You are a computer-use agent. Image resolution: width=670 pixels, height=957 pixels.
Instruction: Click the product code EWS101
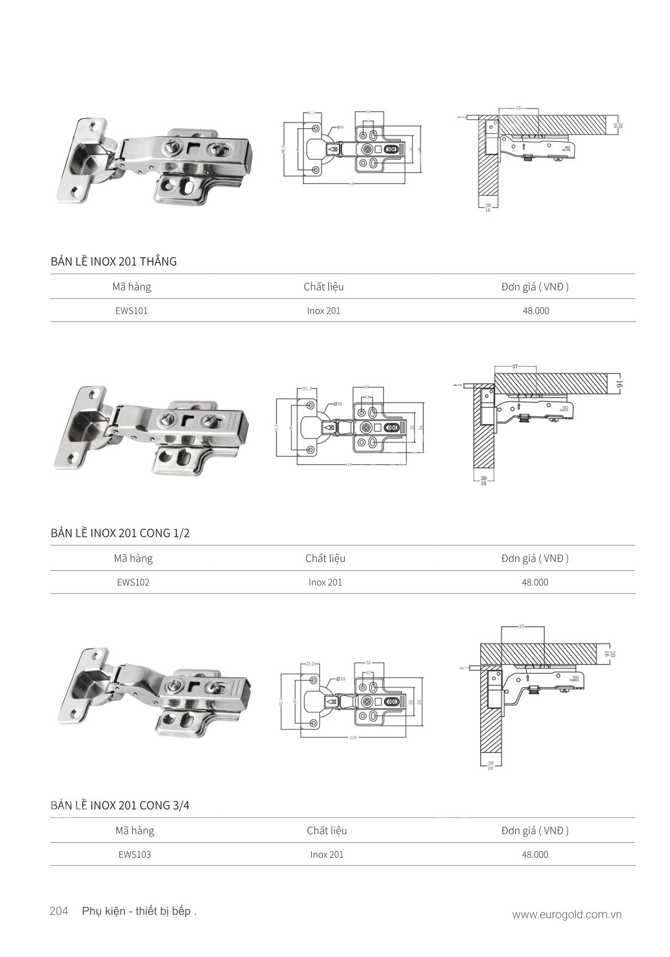[x=131, y=311]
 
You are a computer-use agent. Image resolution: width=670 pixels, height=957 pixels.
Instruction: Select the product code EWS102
[x=133, y=583]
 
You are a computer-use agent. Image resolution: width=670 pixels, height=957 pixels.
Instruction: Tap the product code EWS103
[x=135, y=855]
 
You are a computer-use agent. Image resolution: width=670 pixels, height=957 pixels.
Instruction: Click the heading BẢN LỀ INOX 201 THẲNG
[x=113, y=262]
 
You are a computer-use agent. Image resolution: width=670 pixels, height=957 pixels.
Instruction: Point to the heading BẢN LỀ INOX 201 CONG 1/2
[x=120, y=533]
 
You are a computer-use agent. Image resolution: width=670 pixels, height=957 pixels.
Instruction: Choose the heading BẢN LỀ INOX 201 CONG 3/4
[x=120, y=806]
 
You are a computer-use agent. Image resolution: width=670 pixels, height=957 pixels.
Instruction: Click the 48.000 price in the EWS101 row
[x=535, y=311]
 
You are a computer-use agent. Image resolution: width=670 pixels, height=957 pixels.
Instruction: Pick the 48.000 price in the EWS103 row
[x=535, y=855]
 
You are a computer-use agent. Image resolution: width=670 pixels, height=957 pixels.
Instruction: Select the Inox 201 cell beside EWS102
[x=325, y=583]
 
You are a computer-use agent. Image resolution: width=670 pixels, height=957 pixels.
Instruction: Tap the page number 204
[x=59, y=911]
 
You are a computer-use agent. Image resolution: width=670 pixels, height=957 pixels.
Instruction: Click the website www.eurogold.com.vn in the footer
[x=566, y=915]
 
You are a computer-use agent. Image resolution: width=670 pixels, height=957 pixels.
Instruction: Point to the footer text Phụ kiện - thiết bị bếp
[x=139, y=911]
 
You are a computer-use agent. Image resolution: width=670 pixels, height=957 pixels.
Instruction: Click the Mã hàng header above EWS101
[x=131, y=287]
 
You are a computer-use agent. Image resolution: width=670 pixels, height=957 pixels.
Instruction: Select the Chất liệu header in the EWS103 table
[x=327, y=831]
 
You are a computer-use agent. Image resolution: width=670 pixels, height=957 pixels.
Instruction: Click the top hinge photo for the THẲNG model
[x=155, y=163]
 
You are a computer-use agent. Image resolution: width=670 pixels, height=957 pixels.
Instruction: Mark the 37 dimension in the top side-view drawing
[x=517, y=107]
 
